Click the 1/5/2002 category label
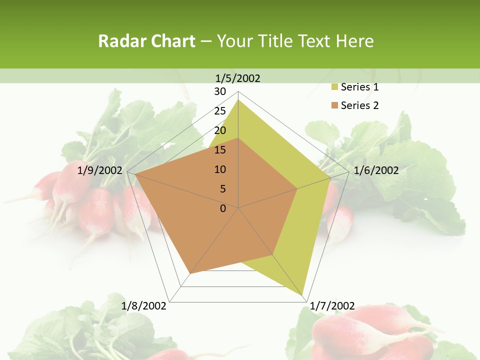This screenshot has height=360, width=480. click(238, 78)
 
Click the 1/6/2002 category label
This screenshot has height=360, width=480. click(376, 170)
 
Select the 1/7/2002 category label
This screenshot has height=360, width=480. click(332, 305)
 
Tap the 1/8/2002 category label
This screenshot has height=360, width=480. click(144, 305)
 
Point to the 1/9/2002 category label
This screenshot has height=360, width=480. click(100, 170)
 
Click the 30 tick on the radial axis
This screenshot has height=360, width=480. click(220, 91)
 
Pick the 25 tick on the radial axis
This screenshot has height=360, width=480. click(220, 111)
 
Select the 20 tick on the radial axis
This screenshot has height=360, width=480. click(220, 130)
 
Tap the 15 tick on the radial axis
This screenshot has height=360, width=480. click(220, 150)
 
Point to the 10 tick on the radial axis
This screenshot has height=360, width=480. click(220, 169)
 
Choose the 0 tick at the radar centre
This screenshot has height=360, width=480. click(223, 208)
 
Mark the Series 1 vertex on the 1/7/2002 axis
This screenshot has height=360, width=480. click(302, 295)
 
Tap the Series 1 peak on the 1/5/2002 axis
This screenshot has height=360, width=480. click(238, 99)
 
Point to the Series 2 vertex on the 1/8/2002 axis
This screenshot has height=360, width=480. click(190, 273)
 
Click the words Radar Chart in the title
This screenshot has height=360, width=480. click(146, 41)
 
